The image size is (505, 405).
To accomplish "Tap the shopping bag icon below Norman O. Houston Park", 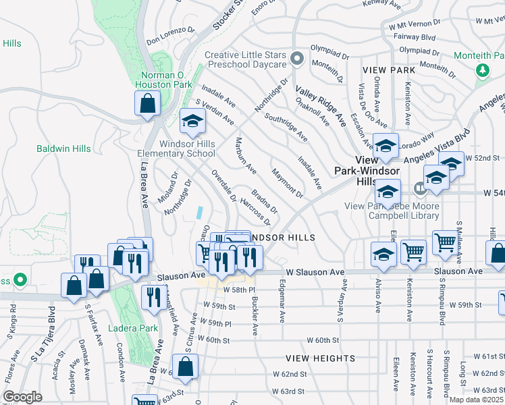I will (x=148, y=105).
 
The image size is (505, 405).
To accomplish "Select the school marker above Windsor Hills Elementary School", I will (x=192, y=122).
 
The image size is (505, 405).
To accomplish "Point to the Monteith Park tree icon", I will (x=483, y=70).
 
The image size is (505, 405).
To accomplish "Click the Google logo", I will (x=22, y=396).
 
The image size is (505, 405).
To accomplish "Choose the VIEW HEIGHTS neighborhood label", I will (x=313, y=358).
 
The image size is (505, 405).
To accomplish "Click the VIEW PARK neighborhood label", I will (x=388, y=70).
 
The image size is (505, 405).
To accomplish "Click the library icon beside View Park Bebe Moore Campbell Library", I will (x=420, y=187).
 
